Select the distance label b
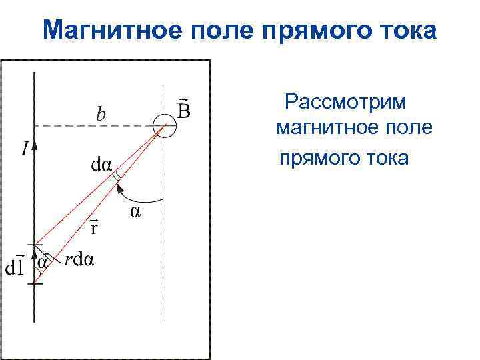[x=99, y=115]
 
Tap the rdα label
[x=79, y=260]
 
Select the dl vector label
[x=15, y=267]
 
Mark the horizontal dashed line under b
[x=93, y=125]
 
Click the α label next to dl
[x=42, y=262]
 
